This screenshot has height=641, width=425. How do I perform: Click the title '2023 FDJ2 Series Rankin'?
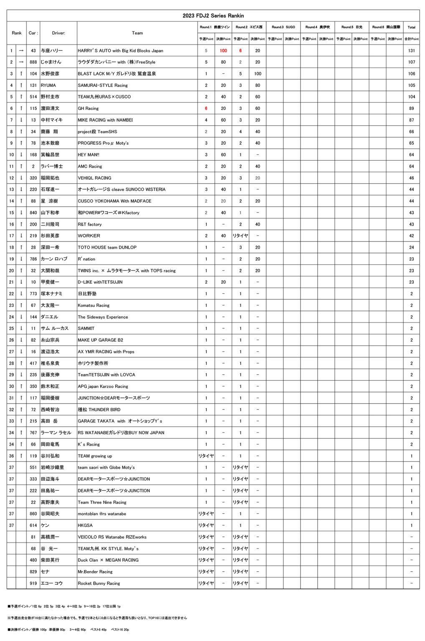213,16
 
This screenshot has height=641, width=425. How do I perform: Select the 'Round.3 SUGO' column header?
283,27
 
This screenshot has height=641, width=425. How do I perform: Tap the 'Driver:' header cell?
58,33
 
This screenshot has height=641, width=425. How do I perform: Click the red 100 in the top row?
223,50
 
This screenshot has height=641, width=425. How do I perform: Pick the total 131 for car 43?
411,50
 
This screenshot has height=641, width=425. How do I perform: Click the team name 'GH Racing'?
89,109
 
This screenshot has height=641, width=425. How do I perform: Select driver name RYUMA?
48,85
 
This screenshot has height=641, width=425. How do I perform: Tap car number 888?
33,62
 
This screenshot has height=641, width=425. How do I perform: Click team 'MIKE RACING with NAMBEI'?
105,120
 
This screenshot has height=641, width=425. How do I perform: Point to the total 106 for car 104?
411,74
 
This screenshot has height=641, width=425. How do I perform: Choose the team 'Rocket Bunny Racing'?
99,583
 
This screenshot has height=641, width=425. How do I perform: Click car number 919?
33,583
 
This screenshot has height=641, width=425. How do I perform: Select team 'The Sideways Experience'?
103,317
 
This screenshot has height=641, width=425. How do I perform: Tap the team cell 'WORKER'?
89,236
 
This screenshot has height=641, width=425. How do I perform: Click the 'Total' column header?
411,27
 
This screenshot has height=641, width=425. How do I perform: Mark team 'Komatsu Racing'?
94,305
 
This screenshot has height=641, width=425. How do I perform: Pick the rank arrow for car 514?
21,97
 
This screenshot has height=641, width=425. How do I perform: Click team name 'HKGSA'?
85,525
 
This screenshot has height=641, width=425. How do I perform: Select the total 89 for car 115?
411,109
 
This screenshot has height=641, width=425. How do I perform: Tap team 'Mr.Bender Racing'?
95,572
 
